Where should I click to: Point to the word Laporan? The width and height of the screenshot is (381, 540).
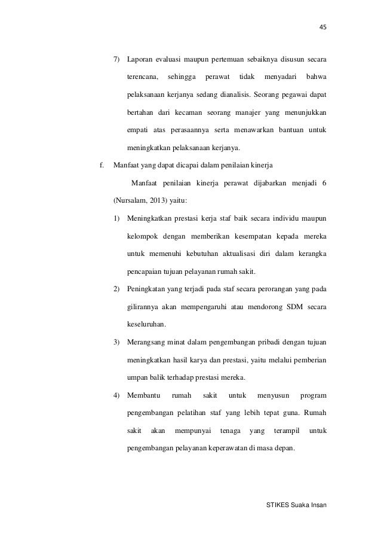(x=140, y=60)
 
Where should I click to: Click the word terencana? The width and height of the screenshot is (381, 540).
(x=142, y=77)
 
